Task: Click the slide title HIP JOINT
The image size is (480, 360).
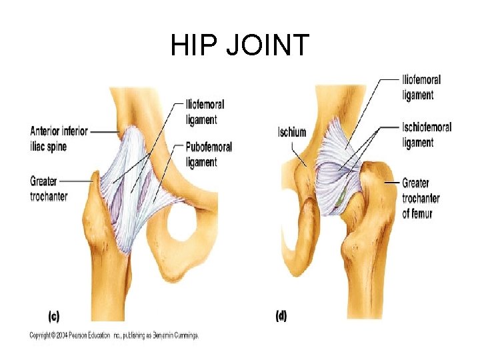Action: tap(239, 45)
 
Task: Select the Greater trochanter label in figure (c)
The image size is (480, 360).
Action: tap(49, 188)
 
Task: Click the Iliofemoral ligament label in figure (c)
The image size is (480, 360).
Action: tap(205, 112)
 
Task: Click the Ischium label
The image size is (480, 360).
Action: tap(292, 132)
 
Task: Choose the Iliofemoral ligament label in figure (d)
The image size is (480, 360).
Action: tap(421, 87)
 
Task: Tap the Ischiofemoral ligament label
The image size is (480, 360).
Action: tap(427, 134)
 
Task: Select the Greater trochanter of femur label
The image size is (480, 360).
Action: tap(421, 198)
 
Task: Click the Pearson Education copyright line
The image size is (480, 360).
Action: tap(114, 335)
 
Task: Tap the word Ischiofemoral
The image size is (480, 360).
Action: tap(427, 127)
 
